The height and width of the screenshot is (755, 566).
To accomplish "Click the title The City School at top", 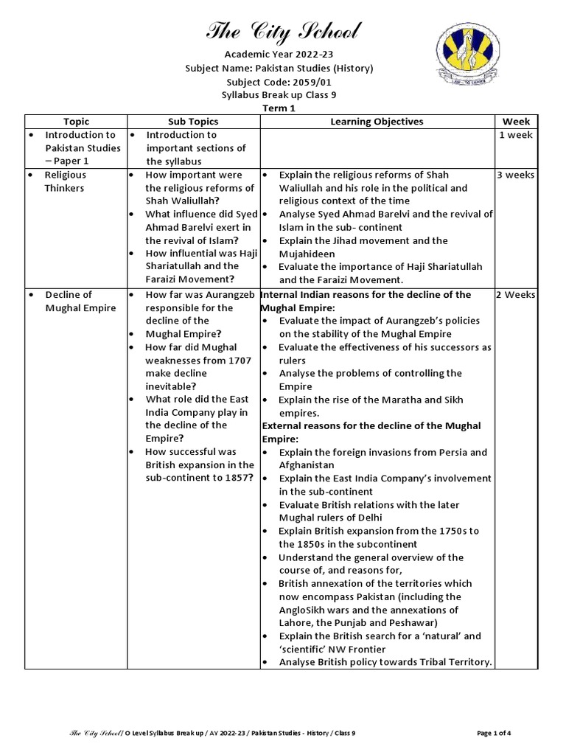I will tap(283, 31).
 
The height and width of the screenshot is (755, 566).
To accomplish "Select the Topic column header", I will tap(76, 121).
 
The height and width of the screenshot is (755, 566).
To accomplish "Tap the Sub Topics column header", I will tap(193, 121).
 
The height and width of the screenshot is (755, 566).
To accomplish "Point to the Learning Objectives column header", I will tap(377, 121).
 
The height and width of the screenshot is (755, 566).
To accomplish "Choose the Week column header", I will tap(516, 121).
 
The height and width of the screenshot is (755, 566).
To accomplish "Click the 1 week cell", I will tap(516, 135).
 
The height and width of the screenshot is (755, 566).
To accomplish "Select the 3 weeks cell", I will tap(516, 175).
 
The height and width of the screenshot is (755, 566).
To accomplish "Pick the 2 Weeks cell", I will tap(516, 295).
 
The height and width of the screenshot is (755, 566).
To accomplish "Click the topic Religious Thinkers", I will tap(65, 181).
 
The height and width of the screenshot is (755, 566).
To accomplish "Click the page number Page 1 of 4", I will tap(494, 733).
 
